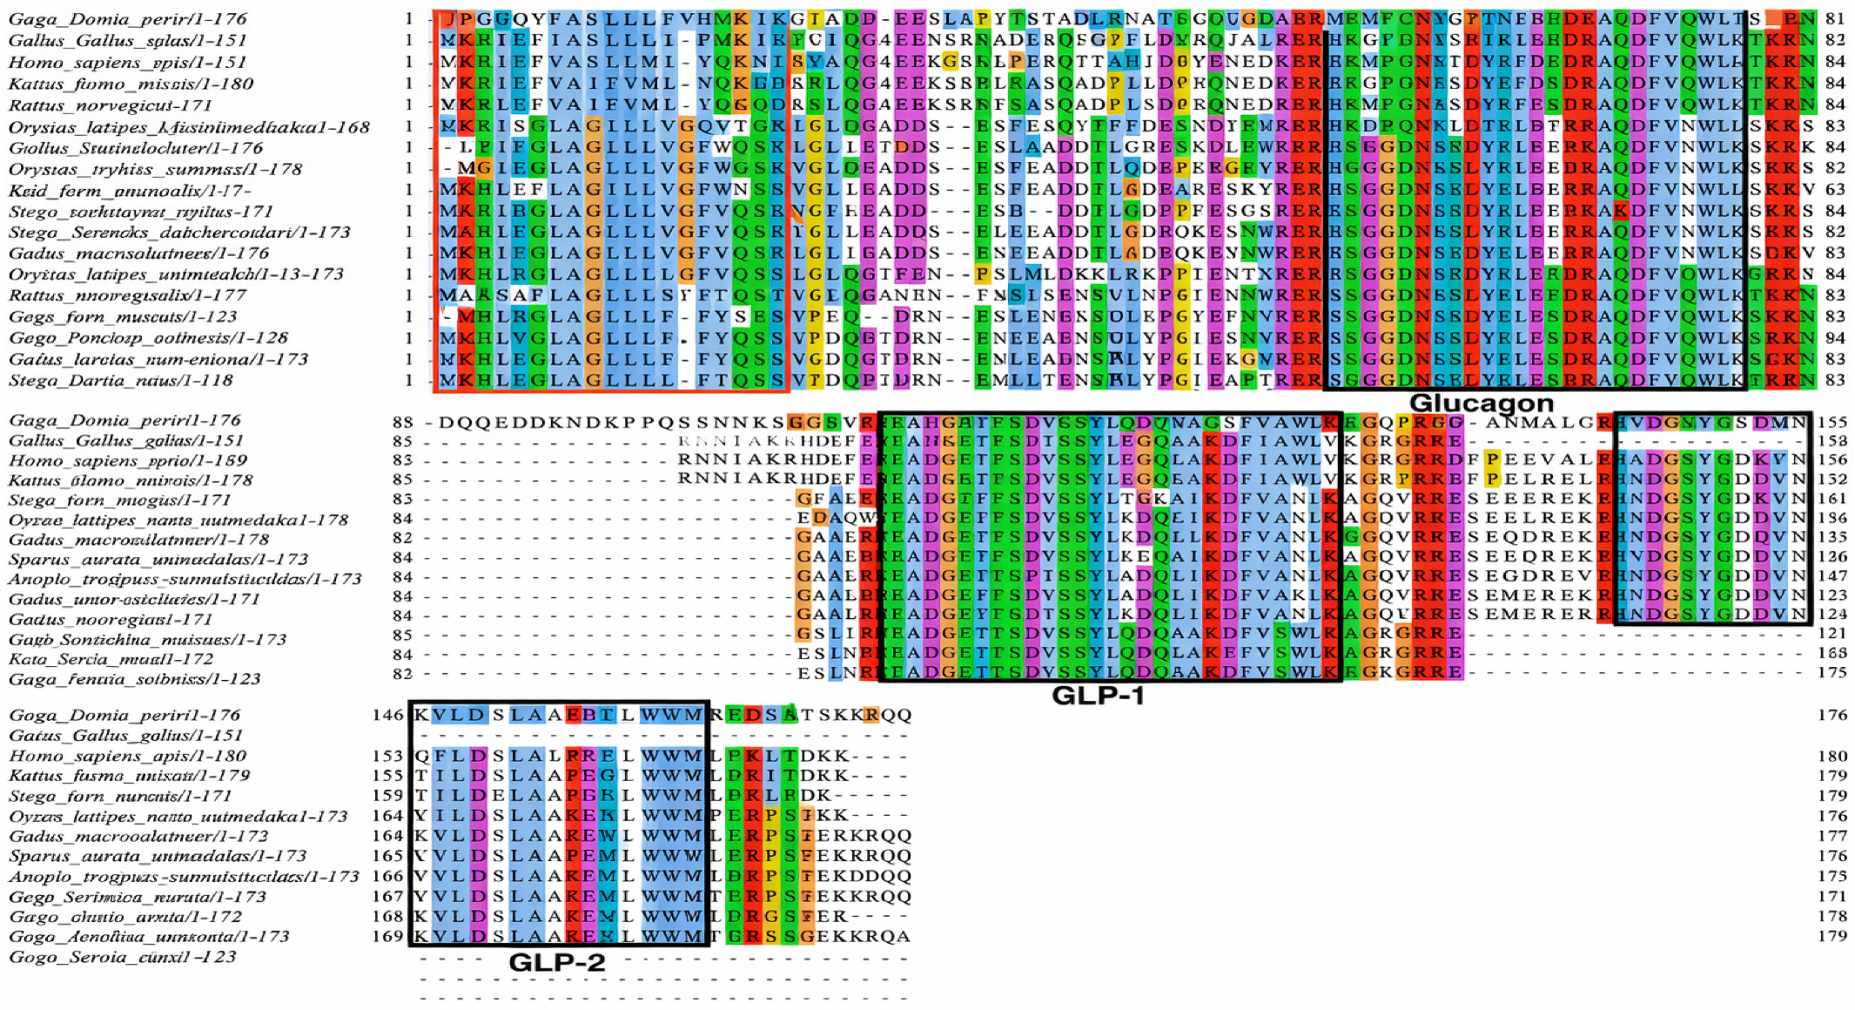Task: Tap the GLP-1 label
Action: click(1098, 695)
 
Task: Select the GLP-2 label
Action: click(556, 962)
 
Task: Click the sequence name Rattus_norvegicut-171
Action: click(111, 105)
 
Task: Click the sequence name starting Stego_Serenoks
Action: click(179, 232)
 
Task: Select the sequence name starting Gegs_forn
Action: click(123, 317)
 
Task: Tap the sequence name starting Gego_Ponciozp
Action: click(148, 338)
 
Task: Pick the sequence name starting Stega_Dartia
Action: click(121, 380)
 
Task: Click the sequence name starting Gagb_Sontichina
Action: click(147, 640)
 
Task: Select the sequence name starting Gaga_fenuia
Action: click(134, 679)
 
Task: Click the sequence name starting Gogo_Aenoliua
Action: click(149, 937)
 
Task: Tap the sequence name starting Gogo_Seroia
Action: click(122, 957)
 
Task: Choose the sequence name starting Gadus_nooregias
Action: click(111, 619)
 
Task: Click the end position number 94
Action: click(1834, 338)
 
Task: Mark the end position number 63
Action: click(1834, 191)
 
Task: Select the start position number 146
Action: click(388, 715)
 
